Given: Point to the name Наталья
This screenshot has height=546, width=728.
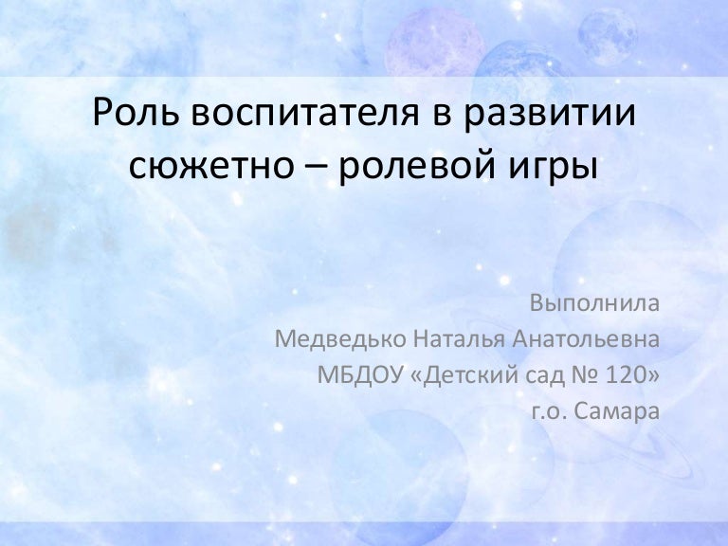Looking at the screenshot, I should (454, 339).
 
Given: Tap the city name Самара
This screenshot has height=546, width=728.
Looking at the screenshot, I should (617, 409).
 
